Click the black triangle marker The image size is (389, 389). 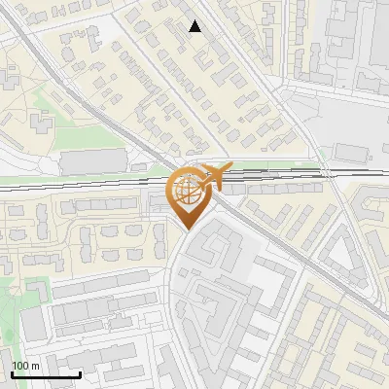195,26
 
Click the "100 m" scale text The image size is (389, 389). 25,365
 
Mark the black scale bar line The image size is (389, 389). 46,374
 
